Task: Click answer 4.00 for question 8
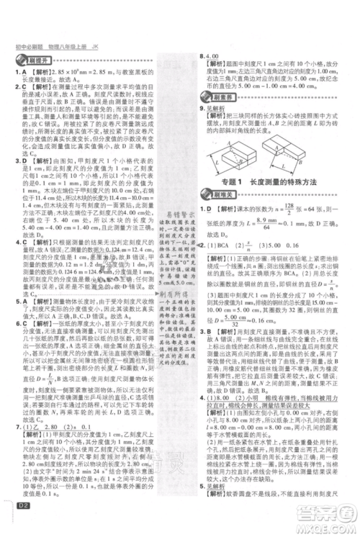click(x=217, y=55)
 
